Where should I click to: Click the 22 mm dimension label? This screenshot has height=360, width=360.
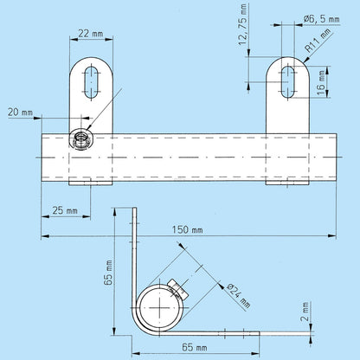91,34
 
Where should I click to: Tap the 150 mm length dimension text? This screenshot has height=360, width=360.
188,230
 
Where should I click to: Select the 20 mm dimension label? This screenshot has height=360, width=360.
20,112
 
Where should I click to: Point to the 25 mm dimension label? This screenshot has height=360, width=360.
65,210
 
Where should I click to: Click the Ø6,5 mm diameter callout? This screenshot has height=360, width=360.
322,19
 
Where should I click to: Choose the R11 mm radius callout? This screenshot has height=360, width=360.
318,41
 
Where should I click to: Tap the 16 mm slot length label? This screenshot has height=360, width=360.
321,83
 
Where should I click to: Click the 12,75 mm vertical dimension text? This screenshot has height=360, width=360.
242,24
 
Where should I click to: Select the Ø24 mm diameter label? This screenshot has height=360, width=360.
239,296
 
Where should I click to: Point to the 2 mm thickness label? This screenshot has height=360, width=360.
305,312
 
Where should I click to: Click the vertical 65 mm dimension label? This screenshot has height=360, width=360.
108,273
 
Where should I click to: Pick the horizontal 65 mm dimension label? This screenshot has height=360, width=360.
195,347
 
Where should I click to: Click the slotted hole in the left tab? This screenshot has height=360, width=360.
91,82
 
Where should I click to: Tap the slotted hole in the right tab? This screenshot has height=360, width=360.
288,82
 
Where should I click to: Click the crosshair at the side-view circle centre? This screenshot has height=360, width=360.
160,307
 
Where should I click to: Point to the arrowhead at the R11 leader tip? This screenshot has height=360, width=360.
306,60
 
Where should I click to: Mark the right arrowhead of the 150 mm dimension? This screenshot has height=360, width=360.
332,236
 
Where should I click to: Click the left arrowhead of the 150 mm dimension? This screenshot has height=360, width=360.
46,236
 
